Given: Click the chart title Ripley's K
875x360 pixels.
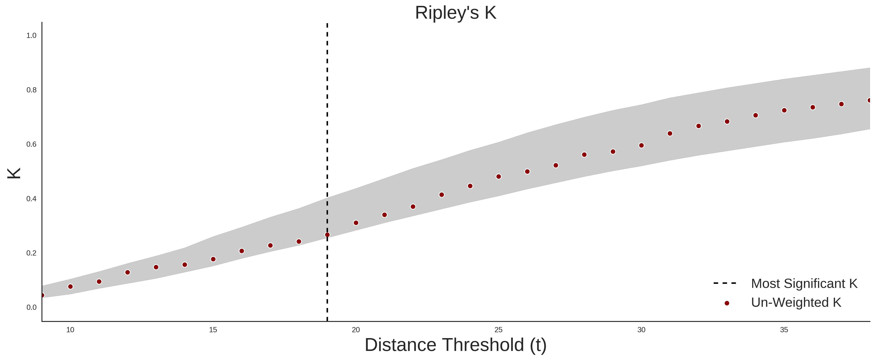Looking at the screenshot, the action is point(455,13).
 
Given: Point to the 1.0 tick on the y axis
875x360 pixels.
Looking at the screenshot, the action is point(31,36).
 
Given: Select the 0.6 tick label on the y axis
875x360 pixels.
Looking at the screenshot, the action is point(31,144).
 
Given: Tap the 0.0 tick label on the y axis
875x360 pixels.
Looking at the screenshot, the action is point(31,307).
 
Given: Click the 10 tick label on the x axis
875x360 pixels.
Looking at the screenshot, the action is point(70,330).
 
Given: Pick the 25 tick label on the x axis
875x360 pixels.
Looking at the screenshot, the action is point(498,330).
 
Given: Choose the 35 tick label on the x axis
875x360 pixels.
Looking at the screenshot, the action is point(784,330).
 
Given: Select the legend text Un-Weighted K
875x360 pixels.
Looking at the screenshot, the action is point(796,303).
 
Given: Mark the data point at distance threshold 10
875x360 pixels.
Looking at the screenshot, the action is point(70,287).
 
